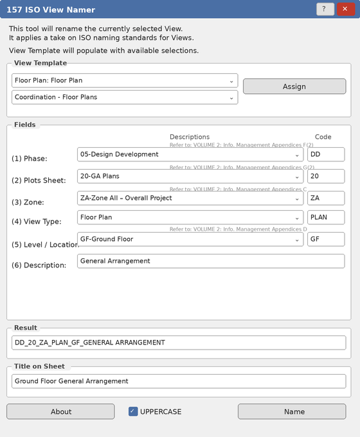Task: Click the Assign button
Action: pos(294,86)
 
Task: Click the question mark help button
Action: pos(325,9)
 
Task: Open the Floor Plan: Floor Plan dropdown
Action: pos(125,80)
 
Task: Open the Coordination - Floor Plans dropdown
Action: pos(125,97)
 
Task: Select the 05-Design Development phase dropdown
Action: pos(190,154)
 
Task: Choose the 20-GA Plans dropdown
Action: pos(190,176)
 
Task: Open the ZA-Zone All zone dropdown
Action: pos(190,198)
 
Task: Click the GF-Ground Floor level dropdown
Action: pos(190,239)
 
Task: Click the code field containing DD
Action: pos(325,154)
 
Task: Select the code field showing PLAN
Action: pos(325,217)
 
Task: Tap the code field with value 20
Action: pos(325,176)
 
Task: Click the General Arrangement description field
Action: pos(211,261)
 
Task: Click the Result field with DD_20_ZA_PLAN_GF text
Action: pos(179,343)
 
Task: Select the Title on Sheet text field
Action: pos(179,381)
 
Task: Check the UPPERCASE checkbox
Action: pos(133,411)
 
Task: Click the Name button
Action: pos(294,411)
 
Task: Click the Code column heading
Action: pos(323,137)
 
